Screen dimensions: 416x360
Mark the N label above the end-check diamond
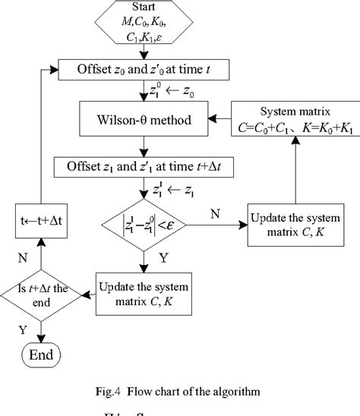point(24,257)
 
